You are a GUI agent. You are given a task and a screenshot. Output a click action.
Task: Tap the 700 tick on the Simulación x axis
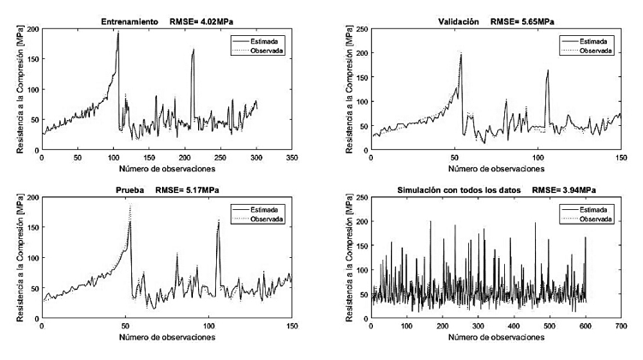622,328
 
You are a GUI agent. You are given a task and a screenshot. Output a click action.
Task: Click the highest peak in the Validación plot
461,54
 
